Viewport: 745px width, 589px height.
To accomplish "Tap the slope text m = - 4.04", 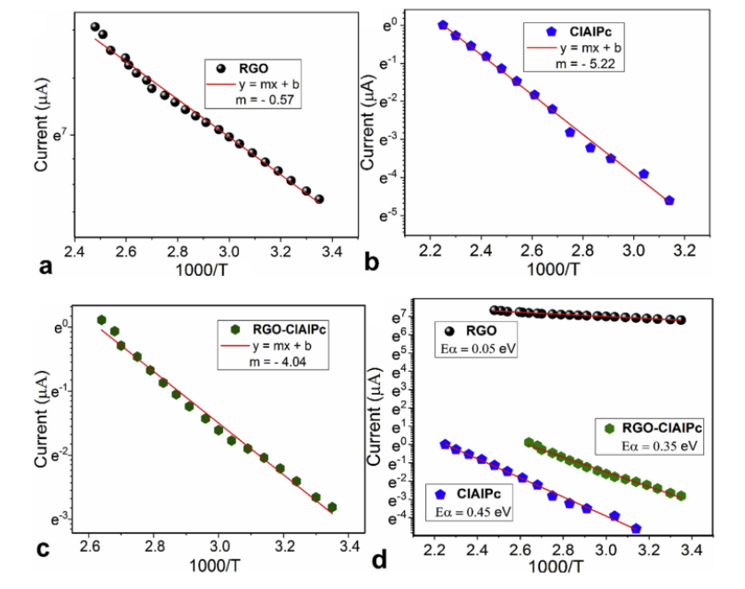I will [262, 362].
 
